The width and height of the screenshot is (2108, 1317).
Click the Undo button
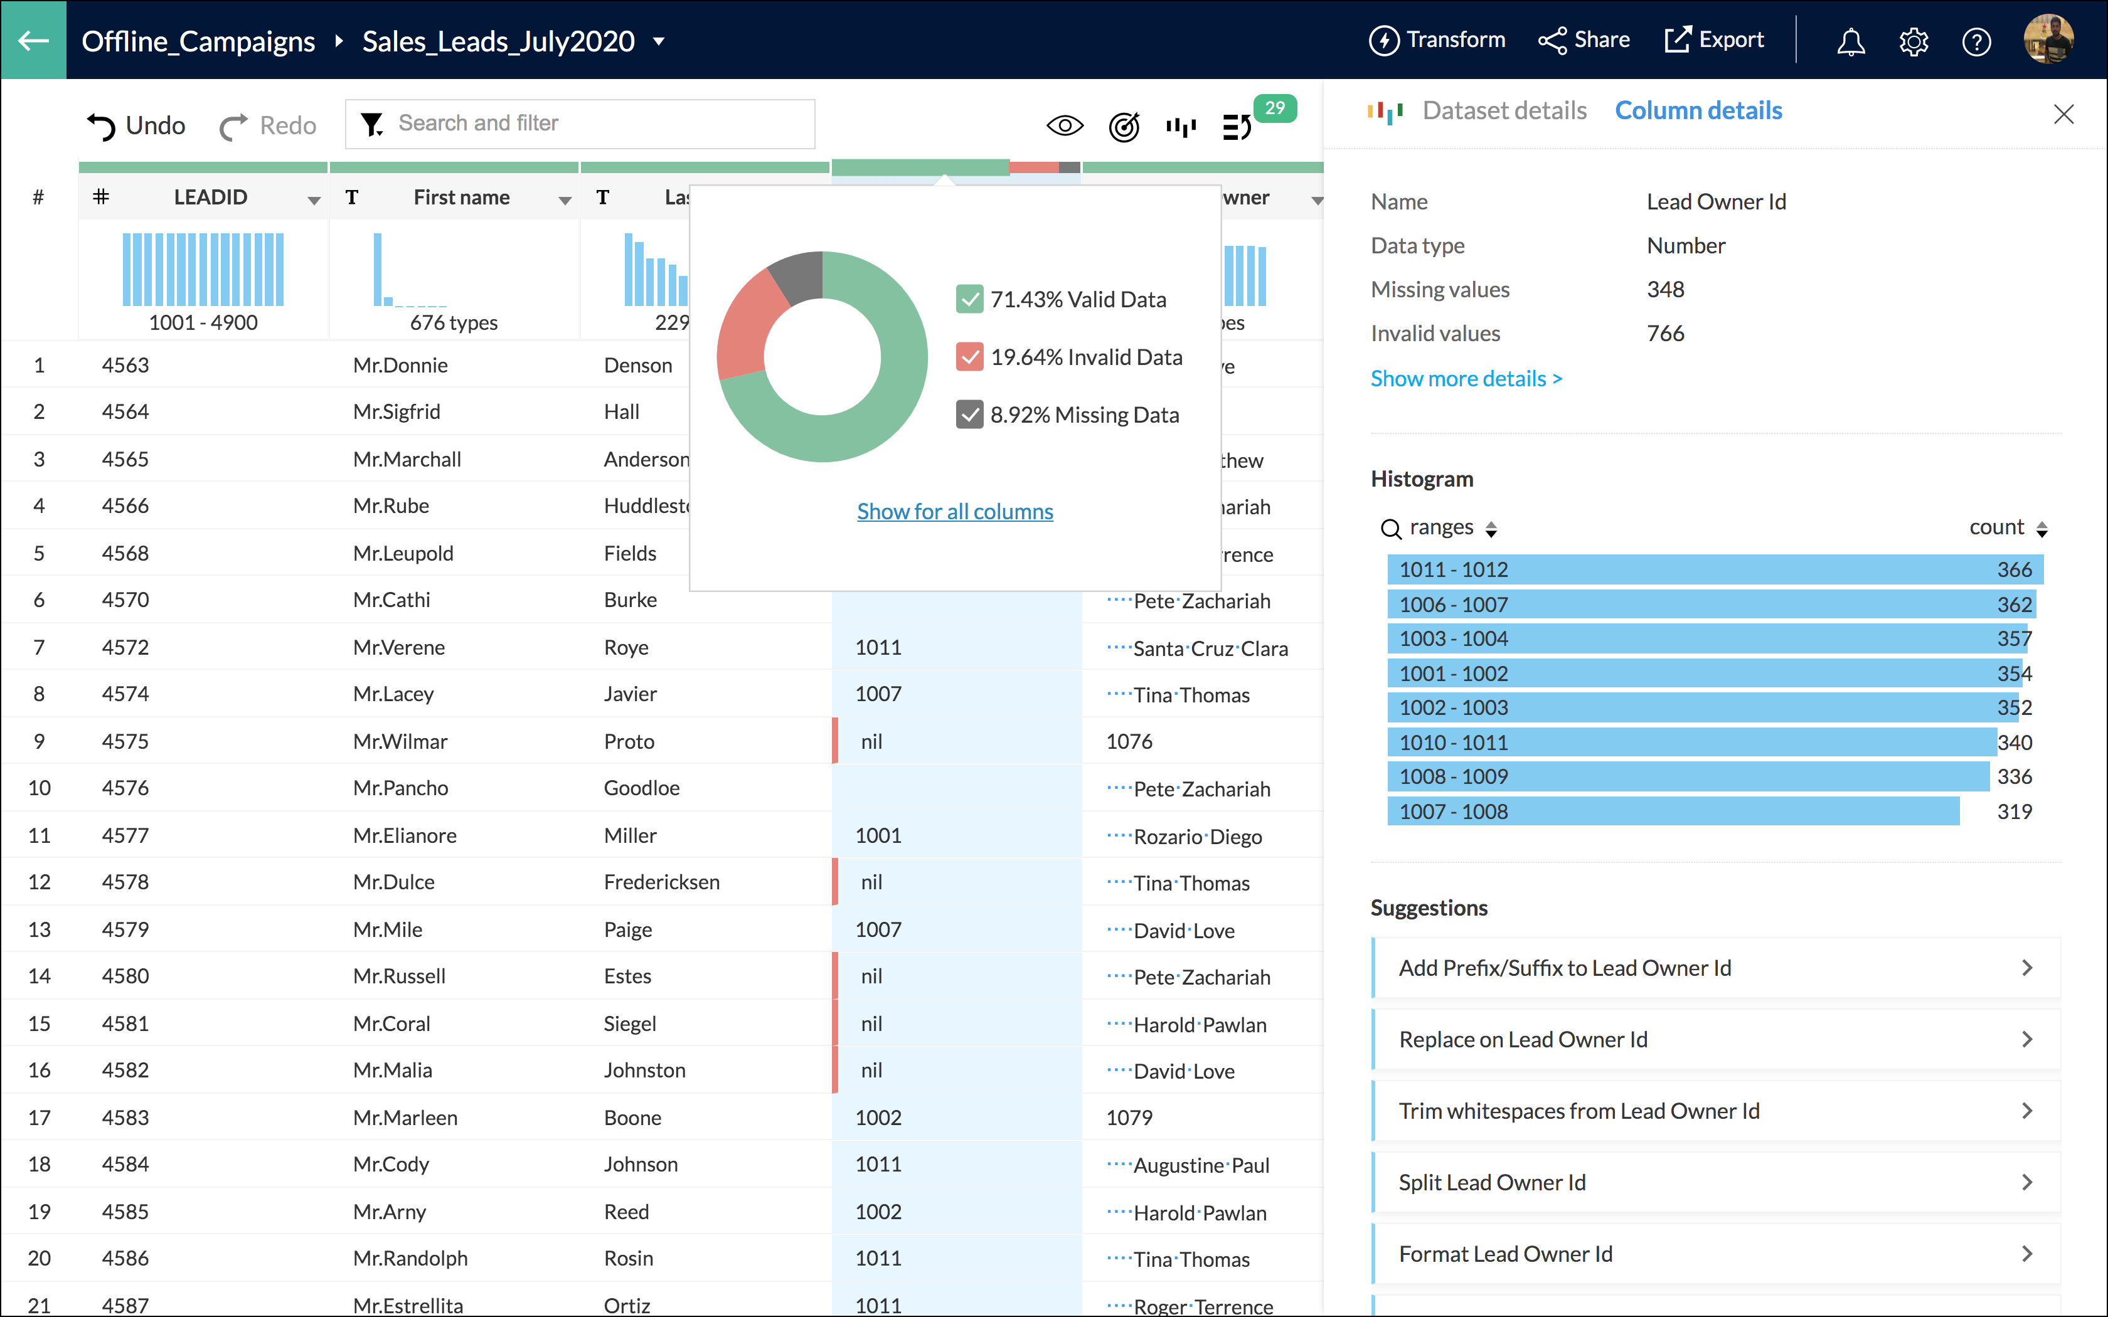click(137, 125)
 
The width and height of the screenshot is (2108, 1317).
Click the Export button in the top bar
click(1713, 40)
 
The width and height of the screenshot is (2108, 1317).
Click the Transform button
click(1437, 40)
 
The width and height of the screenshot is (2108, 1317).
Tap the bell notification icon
click(1851, 41)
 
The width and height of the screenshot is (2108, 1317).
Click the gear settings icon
click(1914, 41)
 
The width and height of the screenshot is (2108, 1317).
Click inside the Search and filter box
click(592, 124)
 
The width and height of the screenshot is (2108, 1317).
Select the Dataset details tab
click(1504, 110)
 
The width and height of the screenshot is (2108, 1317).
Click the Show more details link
click(1466, 378)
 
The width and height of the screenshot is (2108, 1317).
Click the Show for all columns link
click(955, 511)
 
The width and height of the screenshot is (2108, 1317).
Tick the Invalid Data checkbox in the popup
click(969, 357)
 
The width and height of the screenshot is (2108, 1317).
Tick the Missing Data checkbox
click(969, 415)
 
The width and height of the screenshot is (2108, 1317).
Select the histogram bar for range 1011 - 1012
click(1713, 569)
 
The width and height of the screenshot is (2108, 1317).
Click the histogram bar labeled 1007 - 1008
click(1673, 811)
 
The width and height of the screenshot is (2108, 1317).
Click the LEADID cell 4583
click(125, 1118)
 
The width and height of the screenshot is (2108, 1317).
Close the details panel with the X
click(2063, 114)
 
